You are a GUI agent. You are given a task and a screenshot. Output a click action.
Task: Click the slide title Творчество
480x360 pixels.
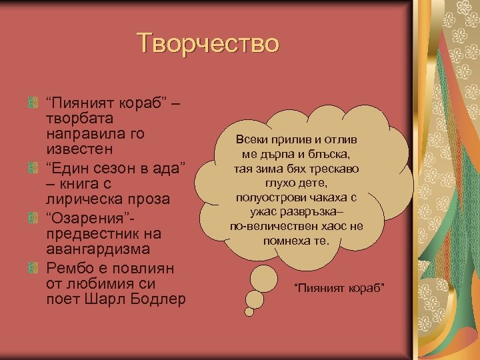click(x=207, y=43)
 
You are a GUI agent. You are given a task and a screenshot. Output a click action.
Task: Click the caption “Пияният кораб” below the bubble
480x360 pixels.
click(x=340, y=288)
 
